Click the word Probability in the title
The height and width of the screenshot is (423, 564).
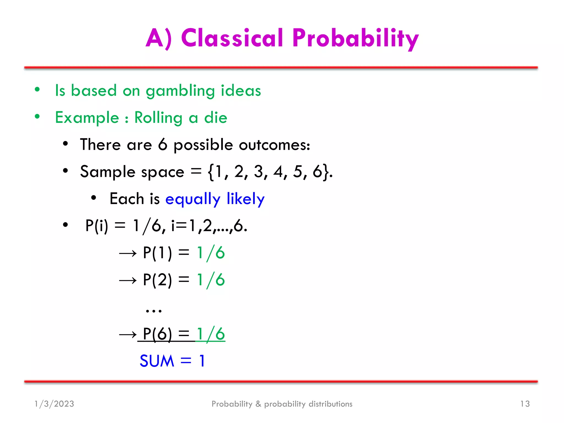355,39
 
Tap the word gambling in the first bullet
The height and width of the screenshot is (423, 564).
180,91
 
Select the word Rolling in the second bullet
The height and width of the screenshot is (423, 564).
158,118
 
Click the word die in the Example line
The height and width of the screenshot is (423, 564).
216,118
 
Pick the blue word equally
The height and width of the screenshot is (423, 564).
193,199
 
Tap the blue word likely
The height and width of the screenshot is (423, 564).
245,199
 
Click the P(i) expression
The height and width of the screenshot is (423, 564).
97,226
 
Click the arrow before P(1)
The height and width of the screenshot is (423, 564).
128,253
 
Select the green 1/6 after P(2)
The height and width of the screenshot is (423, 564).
211,280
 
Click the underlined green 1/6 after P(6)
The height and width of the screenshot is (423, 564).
211,334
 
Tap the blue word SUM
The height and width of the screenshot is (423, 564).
157,361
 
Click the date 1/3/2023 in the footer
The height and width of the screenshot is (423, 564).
54,404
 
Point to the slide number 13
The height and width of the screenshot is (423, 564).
525,404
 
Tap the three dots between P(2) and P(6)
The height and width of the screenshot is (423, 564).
154,311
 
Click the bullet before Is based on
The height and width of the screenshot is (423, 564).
37,89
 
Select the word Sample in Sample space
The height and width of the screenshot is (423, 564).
108,172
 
